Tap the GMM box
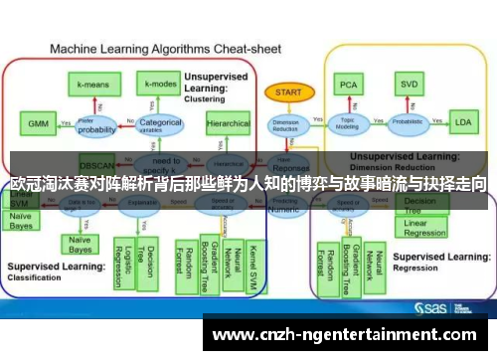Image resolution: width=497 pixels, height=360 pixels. tap(37, 124)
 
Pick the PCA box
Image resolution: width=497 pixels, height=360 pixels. tap(349, 85)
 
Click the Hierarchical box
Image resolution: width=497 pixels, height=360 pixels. tap(228, 124)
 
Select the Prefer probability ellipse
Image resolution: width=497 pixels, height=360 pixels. tap(97, 125)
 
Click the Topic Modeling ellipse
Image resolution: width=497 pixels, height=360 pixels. tap(348, 124)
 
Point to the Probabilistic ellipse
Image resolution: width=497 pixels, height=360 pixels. tap(407, 124)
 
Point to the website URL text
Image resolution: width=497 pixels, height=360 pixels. tap(344, 335)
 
